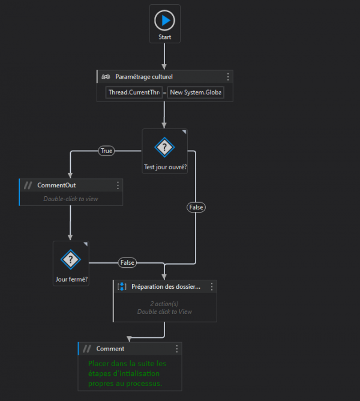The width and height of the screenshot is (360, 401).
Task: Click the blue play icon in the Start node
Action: [164, 21]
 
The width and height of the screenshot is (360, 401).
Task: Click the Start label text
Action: [165, 37]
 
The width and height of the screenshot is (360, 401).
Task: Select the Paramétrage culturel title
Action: [144, 77]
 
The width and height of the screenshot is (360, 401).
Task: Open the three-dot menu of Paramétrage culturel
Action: [227, 77]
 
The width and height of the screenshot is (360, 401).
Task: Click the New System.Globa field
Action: [196, 92]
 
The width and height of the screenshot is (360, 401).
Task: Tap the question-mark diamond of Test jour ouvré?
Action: [164, 147]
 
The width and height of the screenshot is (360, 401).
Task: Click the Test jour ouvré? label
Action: [165, 167]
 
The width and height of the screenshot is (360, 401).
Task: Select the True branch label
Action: [107, 151]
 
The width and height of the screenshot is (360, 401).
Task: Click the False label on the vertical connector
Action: [196, 207]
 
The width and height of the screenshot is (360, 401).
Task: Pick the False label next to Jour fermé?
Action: [127, 262]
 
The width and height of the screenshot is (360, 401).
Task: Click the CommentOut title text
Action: [56, 185]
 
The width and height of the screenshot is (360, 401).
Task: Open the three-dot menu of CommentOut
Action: [118, 185]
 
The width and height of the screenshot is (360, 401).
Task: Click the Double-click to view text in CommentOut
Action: [71, 199]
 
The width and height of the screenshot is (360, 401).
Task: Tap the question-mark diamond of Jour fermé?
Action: [71, 259]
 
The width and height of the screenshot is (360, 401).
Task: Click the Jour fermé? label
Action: [71, 279]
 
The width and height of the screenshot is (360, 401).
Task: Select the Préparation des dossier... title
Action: [166, 287]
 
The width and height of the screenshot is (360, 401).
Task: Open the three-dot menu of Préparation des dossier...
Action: [211, 287]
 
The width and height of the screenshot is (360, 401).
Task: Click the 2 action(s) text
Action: [164, 304]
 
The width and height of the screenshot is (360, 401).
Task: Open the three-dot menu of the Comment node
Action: [176, 349]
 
